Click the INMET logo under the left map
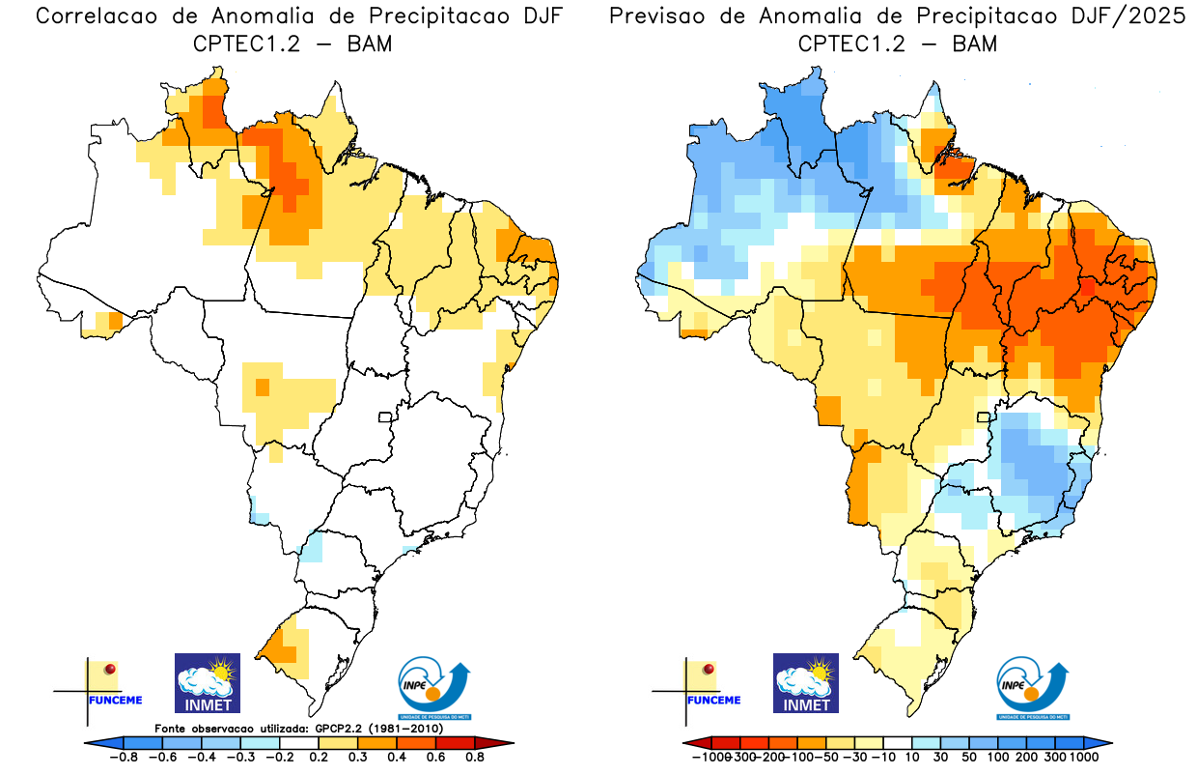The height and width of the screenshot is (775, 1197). coord(207,682)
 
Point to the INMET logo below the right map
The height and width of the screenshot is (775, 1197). coord(806,682)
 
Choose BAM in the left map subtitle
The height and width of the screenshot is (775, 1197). coord(370,43)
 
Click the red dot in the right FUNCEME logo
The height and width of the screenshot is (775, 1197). coord(710,669)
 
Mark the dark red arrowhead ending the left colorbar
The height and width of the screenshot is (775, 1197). coord(503,742)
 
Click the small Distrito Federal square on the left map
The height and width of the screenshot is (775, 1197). coord(384,417)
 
